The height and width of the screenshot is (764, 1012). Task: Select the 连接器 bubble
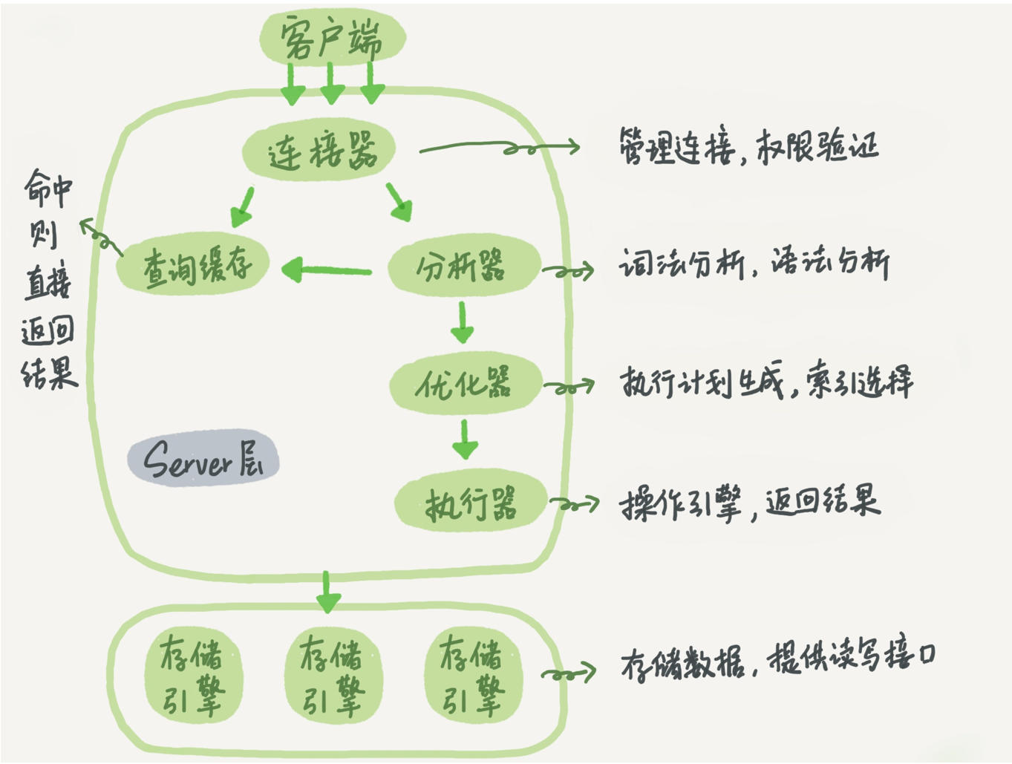[319, 151]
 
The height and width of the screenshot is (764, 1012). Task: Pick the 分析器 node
[462, 265]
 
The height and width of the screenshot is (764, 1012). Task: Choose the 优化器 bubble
[465, 384]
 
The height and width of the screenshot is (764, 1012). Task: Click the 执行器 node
[470, 504]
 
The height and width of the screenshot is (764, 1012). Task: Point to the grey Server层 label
[202, 458]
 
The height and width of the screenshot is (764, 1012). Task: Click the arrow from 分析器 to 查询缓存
[327, 270]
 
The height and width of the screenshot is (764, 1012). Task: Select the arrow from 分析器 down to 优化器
[462, 321]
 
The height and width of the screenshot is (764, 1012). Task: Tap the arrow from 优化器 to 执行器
[465, 440]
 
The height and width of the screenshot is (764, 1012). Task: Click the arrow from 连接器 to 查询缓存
[244, 207]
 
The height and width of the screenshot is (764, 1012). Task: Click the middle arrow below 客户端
[331, 84]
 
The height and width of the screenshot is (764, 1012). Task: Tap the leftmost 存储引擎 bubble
[192, 675]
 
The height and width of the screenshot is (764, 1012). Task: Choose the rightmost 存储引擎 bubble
[472, 675]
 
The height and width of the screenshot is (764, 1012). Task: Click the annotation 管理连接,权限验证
[748, 146]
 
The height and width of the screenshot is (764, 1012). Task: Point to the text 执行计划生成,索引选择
[766, 382]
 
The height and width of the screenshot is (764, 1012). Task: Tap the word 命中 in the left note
[48, 189]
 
